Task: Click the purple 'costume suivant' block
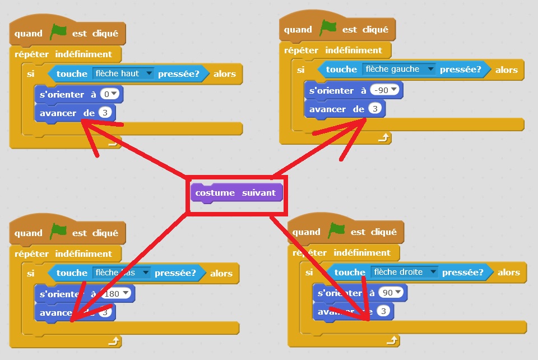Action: (235, 193)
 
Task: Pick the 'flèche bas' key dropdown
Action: (122, 273)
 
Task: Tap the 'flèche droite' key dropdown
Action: (403, 273)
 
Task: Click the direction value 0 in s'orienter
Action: (111, 94)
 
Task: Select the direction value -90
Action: (386, 90)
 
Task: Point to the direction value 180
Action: (117, 293)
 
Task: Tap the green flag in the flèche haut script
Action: (58, 33)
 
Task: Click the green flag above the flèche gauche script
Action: (327, 28)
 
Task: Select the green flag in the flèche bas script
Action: (58, 232)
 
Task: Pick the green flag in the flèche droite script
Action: (336, 230)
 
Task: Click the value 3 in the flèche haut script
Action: (105, 113)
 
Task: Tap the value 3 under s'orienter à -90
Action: (375, 109)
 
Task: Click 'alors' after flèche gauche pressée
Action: (506, 70)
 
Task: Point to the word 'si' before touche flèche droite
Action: (309, 273)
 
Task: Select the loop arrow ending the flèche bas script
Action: (114, 340)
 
